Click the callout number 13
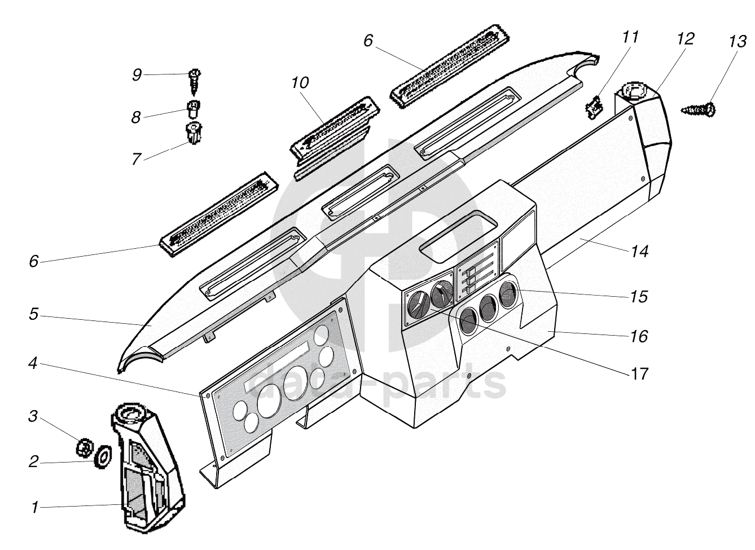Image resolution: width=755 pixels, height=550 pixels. point(737,42)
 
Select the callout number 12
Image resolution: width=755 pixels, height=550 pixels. point(686,39)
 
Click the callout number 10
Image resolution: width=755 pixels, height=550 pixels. point(300,83)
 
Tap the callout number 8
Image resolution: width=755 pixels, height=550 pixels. point(136,117)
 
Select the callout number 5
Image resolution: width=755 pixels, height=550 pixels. point(34,314)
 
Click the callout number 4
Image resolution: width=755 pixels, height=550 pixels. point(34,364)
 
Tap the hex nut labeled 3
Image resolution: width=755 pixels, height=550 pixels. point(84,447)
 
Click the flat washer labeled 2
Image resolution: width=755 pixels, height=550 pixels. point(103,455)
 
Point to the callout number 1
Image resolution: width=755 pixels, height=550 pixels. point(35,508)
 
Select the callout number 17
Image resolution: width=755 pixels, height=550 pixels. point(640,373)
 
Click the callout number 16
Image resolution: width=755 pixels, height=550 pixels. point(640,336)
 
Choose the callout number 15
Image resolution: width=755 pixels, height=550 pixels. point(640,296)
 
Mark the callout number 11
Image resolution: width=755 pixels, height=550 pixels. point(630,37)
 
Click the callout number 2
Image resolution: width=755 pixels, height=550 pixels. point(34,462)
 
